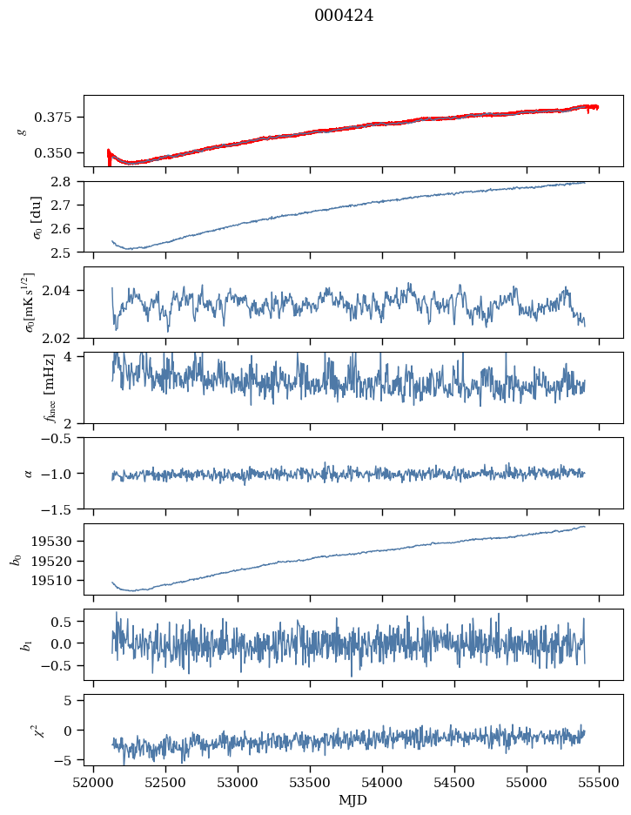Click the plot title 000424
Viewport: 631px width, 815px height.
344,16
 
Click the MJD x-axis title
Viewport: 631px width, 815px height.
353,800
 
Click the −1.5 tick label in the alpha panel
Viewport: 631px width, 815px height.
60,509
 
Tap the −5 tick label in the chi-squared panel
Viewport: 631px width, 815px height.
67,760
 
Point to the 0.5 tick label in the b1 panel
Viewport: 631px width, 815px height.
64,622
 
